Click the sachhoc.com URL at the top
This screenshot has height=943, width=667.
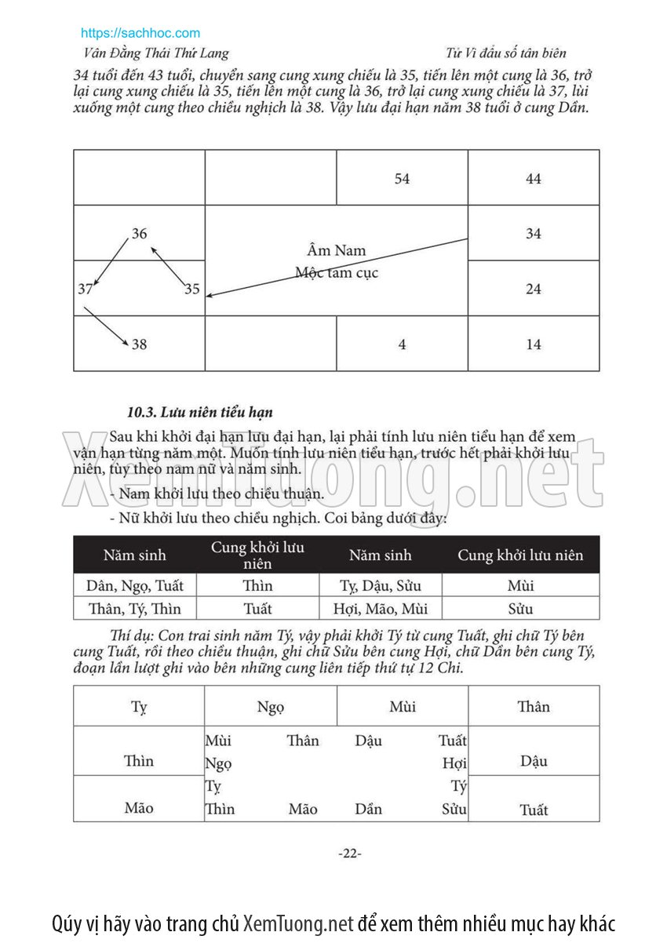(x=140, y=33)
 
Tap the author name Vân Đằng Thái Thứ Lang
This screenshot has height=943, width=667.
(x=155, y=53)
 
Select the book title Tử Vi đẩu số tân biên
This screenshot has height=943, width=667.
(x=505, y=53)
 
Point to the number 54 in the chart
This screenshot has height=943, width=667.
(x=402, y=179)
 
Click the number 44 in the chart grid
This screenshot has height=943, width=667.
(x=534, y=179)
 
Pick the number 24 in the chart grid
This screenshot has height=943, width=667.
(x=534, y=289)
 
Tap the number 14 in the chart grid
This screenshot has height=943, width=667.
(x=534, y=344)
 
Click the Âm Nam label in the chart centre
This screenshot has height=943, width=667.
(x=337, y=251)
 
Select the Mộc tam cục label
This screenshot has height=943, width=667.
(x=337, y=273)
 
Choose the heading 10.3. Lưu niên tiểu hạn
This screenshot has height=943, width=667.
(x=200, y=412)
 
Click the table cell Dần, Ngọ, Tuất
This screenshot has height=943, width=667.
(x=134, y=585)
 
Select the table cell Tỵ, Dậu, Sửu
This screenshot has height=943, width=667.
(x=381, y=585)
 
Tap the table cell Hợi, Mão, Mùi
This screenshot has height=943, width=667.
(x=381, y=609)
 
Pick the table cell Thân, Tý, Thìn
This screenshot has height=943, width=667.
(x=134, y=609)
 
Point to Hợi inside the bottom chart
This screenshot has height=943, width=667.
(x=454, y=763)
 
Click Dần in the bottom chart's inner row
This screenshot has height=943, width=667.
(x=368, y=809)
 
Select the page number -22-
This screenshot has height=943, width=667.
(x=350, y=854)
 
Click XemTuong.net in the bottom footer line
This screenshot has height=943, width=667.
(x=298, y=923)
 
